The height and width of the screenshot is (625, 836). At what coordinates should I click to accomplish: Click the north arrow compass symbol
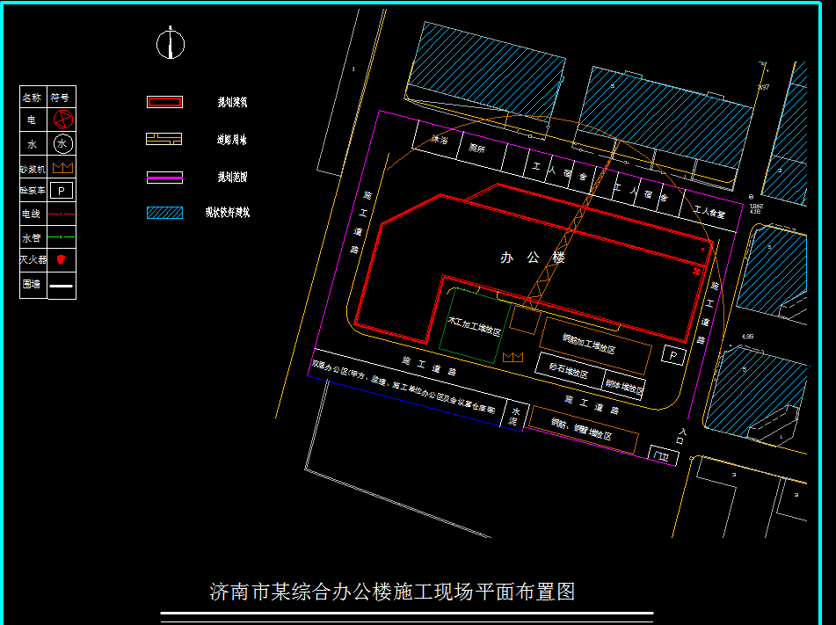point(171,44)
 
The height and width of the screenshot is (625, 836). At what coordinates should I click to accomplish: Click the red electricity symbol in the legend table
point(62,119)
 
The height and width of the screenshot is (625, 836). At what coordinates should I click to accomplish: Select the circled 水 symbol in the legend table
point(62,143)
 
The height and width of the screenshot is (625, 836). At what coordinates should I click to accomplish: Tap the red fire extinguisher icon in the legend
point(62,260)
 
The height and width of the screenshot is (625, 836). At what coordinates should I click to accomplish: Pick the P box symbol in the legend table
point(62,190)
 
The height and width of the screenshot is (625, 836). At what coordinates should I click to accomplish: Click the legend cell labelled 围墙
point(33,285)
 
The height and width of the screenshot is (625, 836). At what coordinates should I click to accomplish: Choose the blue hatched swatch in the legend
point(164,212)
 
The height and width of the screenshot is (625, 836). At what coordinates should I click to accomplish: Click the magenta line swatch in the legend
point(164,177)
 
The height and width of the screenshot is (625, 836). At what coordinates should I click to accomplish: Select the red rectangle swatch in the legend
point(164,102)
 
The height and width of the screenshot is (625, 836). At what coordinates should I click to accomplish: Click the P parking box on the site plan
point(674,356)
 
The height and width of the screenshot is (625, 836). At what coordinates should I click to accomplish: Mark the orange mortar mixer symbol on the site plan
point(513,357)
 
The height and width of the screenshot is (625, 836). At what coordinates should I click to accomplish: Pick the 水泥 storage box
point(515,417)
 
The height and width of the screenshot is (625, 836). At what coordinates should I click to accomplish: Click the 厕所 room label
point(477,149)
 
